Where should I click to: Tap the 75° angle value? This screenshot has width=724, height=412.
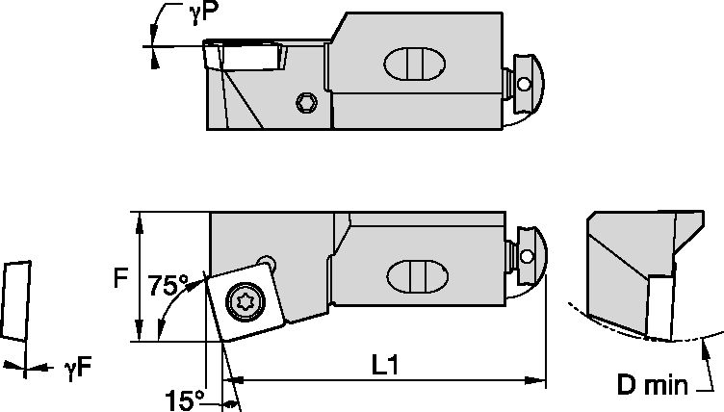point(169,286)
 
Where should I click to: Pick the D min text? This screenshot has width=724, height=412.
point(654,386)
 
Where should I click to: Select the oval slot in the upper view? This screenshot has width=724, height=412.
point(414,66)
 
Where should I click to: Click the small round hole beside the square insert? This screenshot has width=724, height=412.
point(270,262)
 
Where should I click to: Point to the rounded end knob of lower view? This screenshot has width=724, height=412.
point(530,254)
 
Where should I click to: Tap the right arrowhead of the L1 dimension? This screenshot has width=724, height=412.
point(539,380)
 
